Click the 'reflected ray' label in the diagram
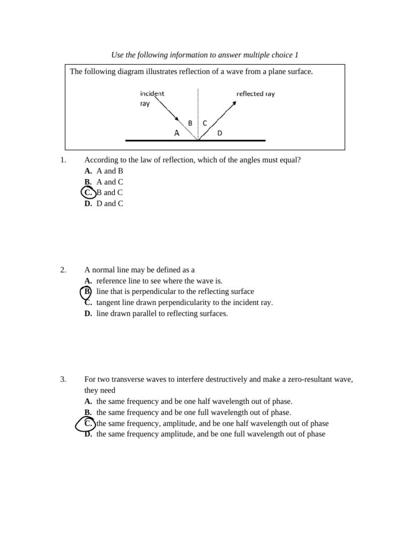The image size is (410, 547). coord(255,93)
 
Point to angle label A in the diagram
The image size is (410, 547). coord(177,134)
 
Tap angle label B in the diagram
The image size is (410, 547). coord(190,123)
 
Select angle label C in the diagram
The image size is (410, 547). coord(205,123)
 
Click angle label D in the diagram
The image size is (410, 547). coord(219,133)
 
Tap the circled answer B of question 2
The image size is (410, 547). coord(86,292)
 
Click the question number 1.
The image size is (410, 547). coord(63,160)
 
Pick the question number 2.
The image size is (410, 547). coord(63,270)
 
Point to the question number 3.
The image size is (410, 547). coord(63,380)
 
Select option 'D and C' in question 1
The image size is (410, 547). coord(110,204)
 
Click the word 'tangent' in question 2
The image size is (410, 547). coord(108,303)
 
